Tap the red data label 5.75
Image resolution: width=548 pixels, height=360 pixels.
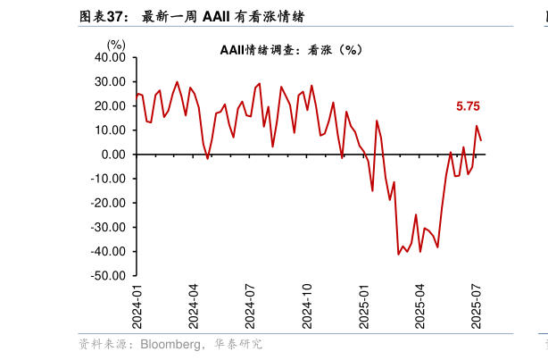click(468, 106)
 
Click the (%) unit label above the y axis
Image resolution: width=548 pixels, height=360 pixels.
click(117, 44)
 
